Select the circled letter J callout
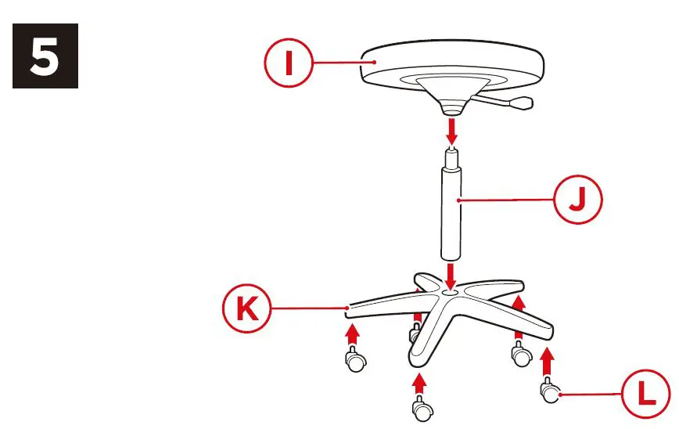[579, 201]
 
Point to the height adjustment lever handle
[520, 102]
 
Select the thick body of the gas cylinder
[451, 215]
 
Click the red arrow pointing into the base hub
[451, 275]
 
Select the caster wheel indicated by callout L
[550, 391]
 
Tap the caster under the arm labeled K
[354, 361]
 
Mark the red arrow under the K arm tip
[353, 334]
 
